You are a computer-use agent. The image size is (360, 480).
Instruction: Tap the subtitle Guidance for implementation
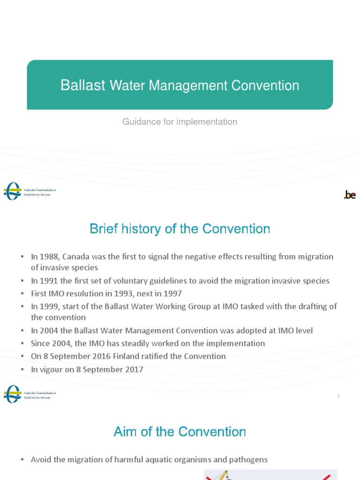pos(180,122)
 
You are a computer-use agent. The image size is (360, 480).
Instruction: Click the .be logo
pos(350,195)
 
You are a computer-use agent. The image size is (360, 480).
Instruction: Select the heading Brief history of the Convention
pos(180,229)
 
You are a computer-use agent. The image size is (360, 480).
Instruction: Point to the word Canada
pos(76,257)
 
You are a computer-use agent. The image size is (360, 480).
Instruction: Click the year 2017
pos(134,369)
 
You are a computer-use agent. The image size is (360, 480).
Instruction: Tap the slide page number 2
pos(338,397)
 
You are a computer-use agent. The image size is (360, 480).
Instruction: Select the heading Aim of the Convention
pos(180,432)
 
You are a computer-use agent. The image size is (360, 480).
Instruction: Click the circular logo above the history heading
pos(12,191)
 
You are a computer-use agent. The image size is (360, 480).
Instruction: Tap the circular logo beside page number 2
pos(12,394)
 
